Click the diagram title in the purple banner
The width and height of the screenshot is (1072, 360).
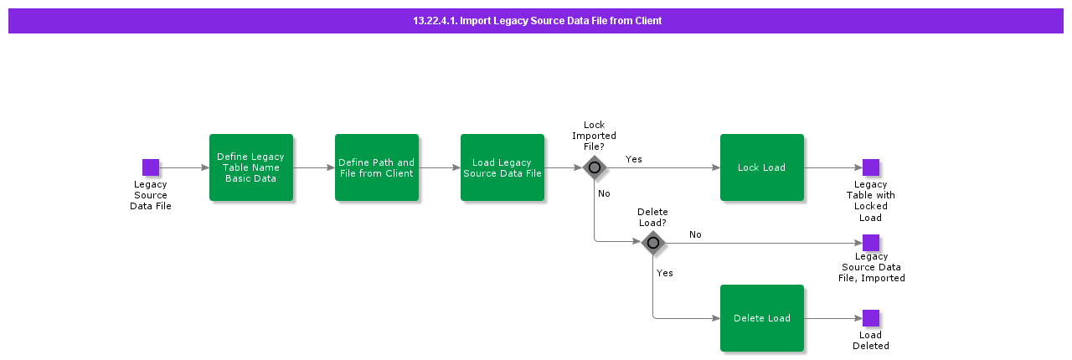pos(537,21)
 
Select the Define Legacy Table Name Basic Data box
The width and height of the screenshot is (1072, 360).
pos(250,167)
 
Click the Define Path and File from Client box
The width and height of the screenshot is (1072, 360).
pos(376,167)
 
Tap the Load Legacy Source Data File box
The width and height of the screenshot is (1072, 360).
pos(502,167)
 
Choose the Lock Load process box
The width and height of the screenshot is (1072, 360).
pos(761,167)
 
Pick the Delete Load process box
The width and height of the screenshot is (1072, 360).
pos(761,318)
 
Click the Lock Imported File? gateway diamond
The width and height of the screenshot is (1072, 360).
pos(595,167)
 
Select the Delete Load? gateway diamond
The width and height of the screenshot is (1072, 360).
pos(653,243)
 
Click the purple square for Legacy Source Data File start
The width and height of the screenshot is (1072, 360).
pos(151,167)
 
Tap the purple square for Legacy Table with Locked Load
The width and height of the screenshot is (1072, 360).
pos(871,167)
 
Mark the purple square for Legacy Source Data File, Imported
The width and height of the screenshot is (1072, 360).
pos(871,243)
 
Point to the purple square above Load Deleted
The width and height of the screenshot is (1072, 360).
pos(871,318)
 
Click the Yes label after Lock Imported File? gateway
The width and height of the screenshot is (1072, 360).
pos(634,159)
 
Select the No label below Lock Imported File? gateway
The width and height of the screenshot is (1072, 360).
pos(604,193)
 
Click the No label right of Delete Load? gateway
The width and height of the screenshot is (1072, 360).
pos(695,235)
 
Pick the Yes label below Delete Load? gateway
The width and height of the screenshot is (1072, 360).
pos(665,273)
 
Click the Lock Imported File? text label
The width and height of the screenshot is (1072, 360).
pos(594,136)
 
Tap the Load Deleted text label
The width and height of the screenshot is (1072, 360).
pos(871,341)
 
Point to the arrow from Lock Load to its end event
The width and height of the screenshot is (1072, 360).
pos(832,167)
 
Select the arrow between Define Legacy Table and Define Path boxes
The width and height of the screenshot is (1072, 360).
pos(314,167)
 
